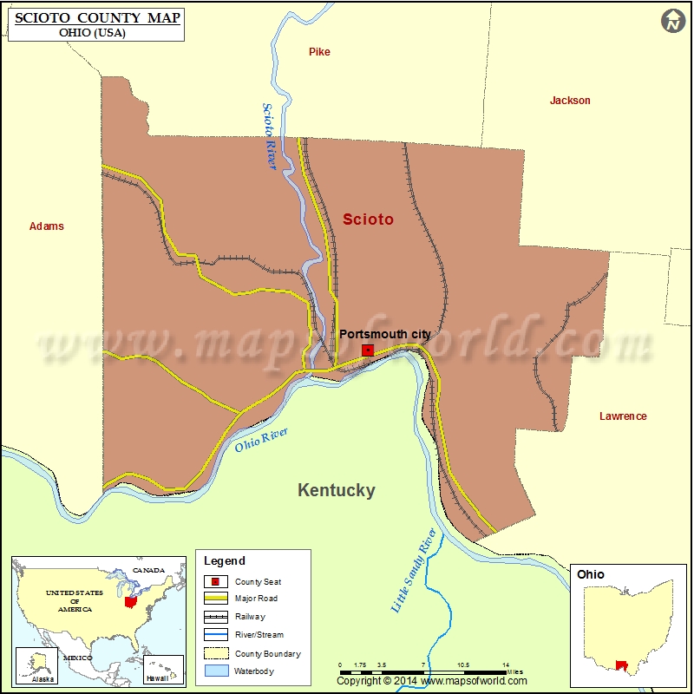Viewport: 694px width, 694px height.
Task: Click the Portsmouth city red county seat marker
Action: pyautogui.click(x=368, y=350)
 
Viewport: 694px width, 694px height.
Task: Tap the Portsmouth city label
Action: pyautogui.click(x=385, y=334)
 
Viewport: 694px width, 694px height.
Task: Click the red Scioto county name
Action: pyautogui.click(x=368, y=219)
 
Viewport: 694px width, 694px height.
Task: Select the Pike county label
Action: pyautogui.click(x=319, y=52)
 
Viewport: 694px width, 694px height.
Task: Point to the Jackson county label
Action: pyautogui.click(x=570, y=101)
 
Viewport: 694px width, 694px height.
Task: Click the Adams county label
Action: pyautogui.click(x=47, y=226)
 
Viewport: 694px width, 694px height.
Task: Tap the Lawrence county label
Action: pyautogui.click(x=623, y=416)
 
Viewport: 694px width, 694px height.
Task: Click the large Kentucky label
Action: pyautogui.click(x=337, y=490)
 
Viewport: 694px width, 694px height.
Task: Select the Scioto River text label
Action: pyautogui.click(x=270, y=137)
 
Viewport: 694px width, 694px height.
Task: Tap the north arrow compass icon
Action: pyautogui.click(x=672, y=22)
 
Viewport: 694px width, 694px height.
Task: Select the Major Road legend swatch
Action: pyautogui.click(x=217, y=599)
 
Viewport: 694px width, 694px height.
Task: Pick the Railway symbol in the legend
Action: pyautogui.click(x=217, y=617)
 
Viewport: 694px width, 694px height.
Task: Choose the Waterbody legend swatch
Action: pyautogui.click(x=217, y=671)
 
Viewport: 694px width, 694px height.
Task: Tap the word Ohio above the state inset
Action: pyautogui.click(x=591, y=574)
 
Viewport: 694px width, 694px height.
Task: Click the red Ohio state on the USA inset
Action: pyautogui.click(x=130, y=601)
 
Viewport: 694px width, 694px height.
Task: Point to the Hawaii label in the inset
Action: pyautogui.click(x=156, y=678)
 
